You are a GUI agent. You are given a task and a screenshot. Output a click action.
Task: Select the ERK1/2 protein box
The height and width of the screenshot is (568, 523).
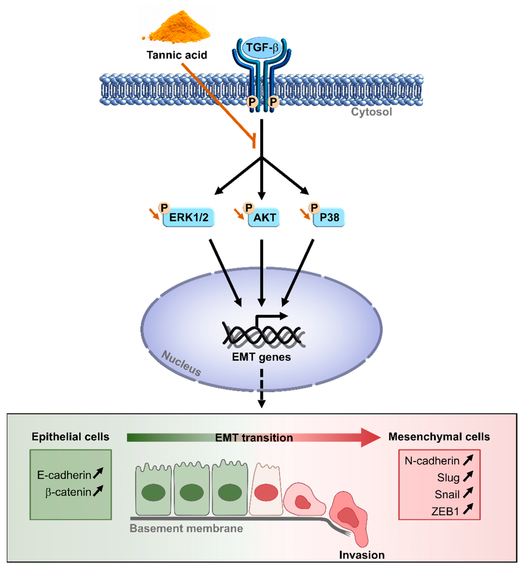coord(188,217)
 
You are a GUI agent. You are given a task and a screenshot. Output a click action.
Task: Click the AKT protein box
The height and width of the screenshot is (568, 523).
coord(264,217)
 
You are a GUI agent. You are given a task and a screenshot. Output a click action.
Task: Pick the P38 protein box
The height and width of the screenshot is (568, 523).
coord(329,217)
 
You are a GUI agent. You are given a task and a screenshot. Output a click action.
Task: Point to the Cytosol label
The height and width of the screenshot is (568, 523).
coord(371,112)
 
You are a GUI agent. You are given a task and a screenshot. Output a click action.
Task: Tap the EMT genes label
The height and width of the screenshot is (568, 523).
coord(261,357)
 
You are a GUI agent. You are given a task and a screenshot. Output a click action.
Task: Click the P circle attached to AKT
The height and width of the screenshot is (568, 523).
coord(249,208)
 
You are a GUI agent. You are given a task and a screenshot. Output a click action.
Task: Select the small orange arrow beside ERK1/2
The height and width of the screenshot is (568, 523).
coord(155,214)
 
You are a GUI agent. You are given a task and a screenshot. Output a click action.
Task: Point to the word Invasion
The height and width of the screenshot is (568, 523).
coord(362,555)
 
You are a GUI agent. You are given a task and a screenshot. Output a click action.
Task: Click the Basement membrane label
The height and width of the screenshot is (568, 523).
coord(186,528)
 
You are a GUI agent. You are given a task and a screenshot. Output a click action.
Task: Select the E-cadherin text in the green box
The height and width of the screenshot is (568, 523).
coord(64,475)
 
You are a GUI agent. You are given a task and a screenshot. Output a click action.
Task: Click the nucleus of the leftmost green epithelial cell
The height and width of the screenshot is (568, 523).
coord(153,492)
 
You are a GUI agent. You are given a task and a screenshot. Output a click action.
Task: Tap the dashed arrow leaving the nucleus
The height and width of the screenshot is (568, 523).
coord(262,388)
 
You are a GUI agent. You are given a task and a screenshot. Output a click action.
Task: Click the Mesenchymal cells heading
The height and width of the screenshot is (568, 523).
coord(439,437)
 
